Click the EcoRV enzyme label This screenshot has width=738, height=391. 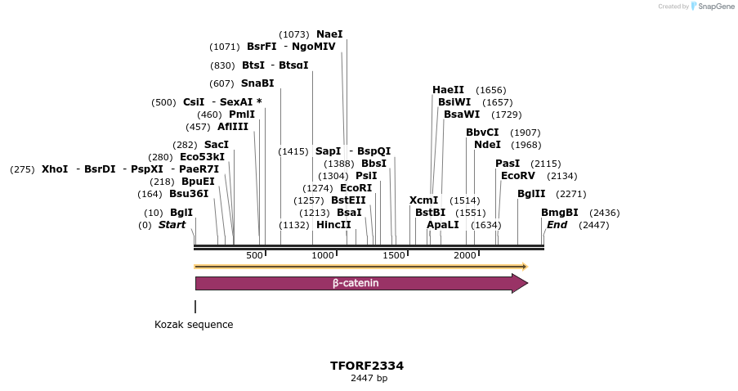(517, 176)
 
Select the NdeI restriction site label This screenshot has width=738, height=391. (487, 145)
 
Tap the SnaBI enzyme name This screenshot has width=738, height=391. (257, 83)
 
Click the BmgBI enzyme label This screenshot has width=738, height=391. (559, 213)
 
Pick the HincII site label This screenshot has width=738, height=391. (333, 225)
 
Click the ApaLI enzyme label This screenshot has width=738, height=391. (442, 225)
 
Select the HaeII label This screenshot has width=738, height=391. (448, 90)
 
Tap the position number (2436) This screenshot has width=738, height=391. (605, 213)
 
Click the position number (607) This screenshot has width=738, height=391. (221, 83)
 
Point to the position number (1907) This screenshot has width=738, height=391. (526, 133)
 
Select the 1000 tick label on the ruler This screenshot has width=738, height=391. (323, 255)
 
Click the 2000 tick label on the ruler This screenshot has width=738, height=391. (465, 255)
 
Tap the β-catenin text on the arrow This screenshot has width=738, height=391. (356, 284)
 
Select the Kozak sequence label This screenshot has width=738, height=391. (194, 325)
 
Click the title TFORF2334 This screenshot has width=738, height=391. (367, 366)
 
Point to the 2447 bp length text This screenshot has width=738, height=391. (369, 378)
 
